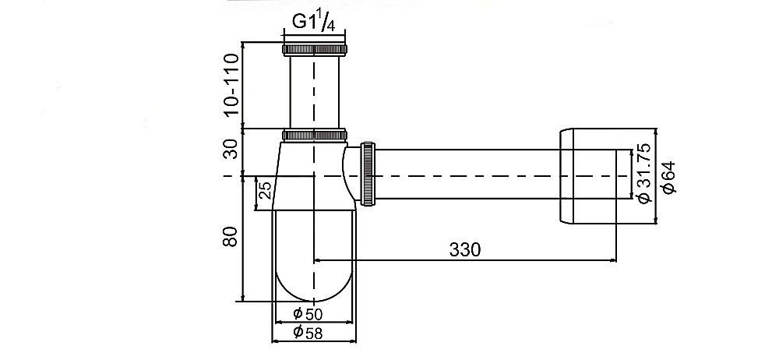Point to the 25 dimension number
click(266, 190)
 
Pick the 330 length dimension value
click(465, 249)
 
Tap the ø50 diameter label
click(308, 314)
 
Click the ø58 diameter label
click(308, 332)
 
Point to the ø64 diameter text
click(668, 178)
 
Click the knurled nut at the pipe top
click(315, 49)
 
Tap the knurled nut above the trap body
click(315, 135)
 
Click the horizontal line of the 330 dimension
click(465, 259)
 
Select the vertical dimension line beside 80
click(241, 238)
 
